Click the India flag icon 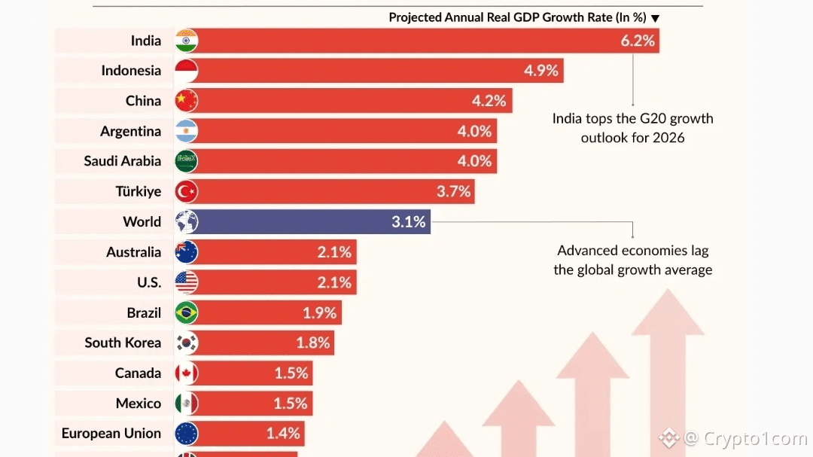(x=186, y=41)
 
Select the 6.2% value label (x=638, y=41)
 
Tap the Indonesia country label (x=131, y=71)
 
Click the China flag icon (x=186, y=101)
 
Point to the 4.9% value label (x=541, y=71)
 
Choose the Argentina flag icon (x=186, y=131)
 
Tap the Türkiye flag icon (x=186, y=191)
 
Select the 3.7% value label (x=454, y=191)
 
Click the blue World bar (x=301, y=221)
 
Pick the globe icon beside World (x=186, y=221)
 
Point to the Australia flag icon (x=186, y=252)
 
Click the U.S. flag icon (x=186, y=282)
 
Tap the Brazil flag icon (x=186, y=312)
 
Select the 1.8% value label (x=313, y=343)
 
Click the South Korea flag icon (x=186, y=343)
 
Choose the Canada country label (x=138, y=373)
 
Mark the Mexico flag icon (x=186, y=404)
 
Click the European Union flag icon (x=186, y=434)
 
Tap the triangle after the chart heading (x=655, y=18)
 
